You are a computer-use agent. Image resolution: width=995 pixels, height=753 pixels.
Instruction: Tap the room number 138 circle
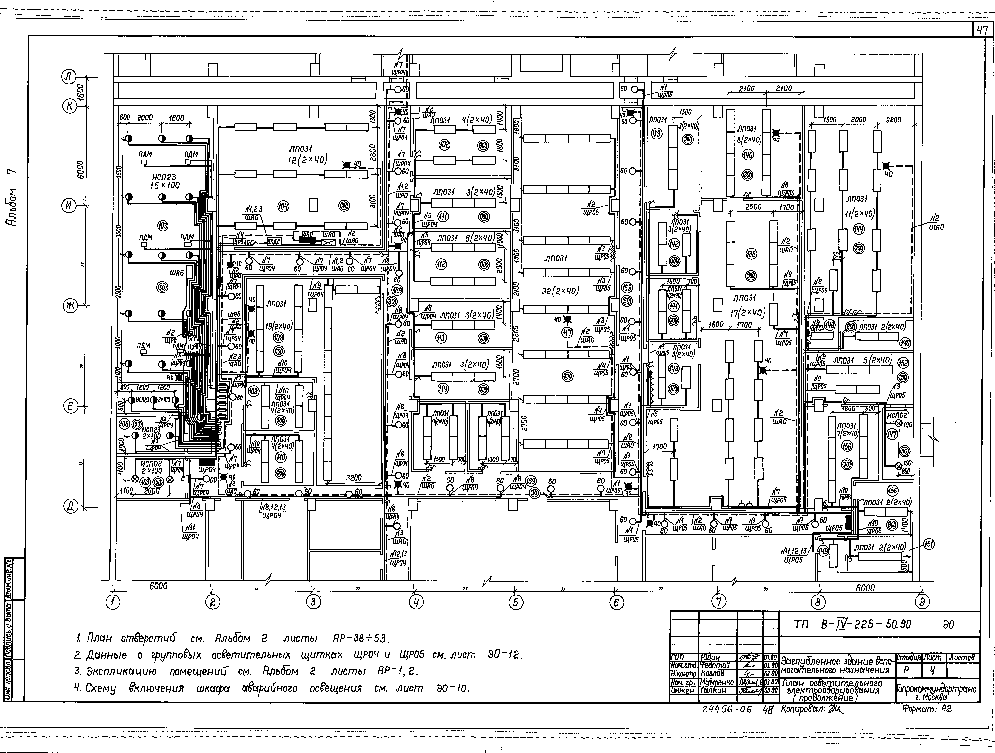pos(751,254)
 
